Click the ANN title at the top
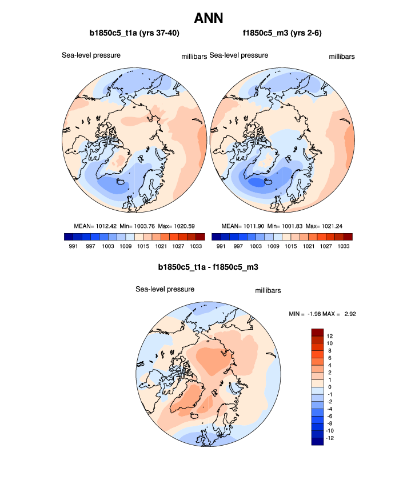coord(209,18)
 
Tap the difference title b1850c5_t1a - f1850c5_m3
coord(209,267)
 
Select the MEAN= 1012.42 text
coord(94,226)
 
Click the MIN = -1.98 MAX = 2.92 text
coord(324,314)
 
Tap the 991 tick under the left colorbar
coord(73,246)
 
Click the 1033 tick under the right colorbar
coord(344,246)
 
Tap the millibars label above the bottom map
coord(268,291)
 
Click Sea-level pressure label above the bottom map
coord(165,289)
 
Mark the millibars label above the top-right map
coord(342,57)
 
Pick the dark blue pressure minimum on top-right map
coord(260,183)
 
